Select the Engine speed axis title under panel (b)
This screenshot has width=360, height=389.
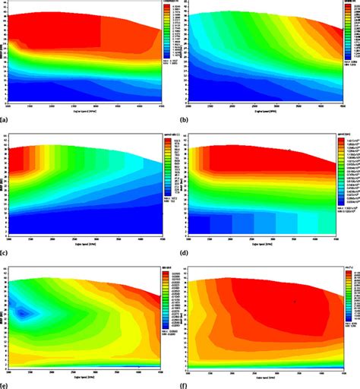pos(264,111)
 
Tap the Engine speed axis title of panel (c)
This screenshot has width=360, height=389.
pos(84,244)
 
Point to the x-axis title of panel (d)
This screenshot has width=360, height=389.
pos(264,244)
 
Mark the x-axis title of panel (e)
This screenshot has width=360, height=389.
pos(84,375)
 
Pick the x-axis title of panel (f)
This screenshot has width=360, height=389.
pos(264,375)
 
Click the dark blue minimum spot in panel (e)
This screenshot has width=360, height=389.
pos(24,311)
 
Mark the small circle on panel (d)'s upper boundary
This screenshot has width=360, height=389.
pos(288,150)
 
